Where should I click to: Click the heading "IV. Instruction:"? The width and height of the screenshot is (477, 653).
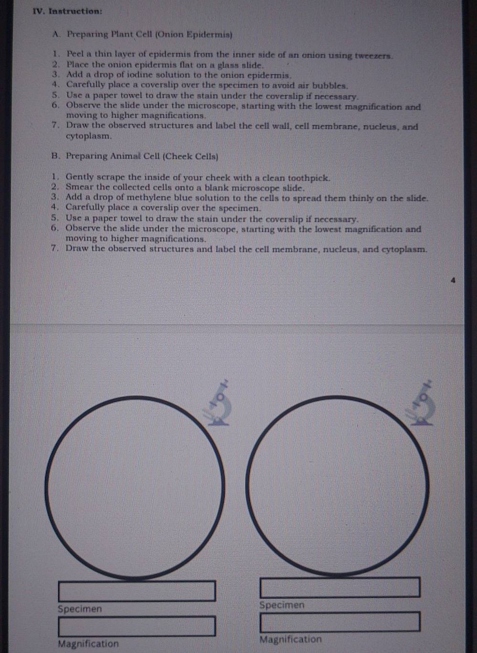tap(68, 11)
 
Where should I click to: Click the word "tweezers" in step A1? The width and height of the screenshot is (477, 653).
tap(373, 55)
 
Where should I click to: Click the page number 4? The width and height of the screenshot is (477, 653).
tap(453, 280)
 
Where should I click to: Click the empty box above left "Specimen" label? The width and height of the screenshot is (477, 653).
tap(137, 591)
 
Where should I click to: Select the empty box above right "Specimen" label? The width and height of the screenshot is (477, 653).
tap(340, 587)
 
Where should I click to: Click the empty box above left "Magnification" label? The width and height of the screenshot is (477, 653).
tap(137, 626)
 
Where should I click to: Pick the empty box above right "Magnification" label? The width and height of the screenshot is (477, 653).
tap(340, 622)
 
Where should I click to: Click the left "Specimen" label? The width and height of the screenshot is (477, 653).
tap(80, 609)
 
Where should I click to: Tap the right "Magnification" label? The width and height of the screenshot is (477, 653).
tap(290, 639)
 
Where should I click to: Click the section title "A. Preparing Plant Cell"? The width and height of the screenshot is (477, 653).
tap(143, 34)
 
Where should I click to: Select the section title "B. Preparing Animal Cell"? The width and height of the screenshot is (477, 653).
tap(135, 156)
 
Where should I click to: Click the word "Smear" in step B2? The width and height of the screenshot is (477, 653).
tap(79, 187)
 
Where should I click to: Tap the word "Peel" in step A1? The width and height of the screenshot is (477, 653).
tap(75, 54)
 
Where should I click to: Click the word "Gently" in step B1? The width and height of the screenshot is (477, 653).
tap(81, 177)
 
